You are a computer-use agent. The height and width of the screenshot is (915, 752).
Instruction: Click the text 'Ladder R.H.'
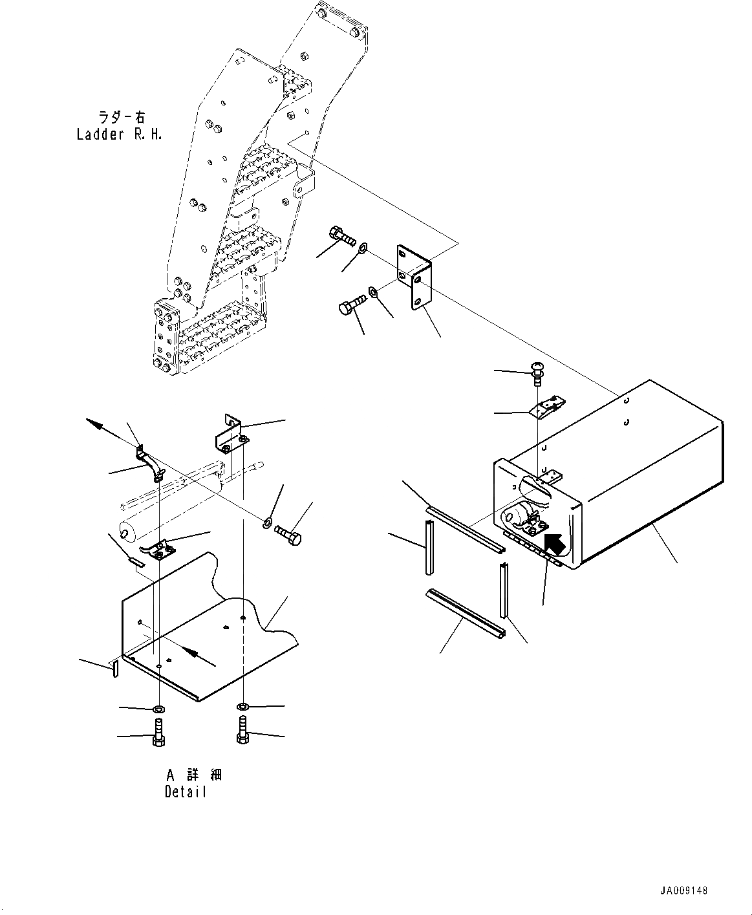pyautogui.click(x=120, y=135)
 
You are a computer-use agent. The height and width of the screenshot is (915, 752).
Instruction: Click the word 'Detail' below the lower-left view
pyautogui.click(x=186, y=791)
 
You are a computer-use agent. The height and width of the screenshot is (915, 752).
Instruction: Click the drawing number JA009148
pyautogui.click(x=683, y=890)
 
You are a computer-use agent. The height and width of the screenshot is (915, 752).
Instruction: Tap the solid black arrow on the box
pyautogui.click(x=555, y=544)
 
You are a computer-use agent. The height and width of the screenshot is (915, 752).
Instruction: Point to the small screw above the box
pyautogui.click(x=536, y=372)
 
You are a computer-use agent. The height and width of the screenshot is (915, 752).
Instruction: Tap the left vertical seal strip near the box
pyautogui.click(x=429, y=550)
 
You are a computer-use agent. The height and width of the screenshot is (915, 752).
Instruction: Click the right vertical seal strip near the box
pyautogui.click(x=502, y=589)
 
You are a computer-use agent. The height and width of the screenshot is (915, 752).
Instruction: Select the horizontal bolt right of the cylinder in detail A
pyautogui.click(x=288, y=535)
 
